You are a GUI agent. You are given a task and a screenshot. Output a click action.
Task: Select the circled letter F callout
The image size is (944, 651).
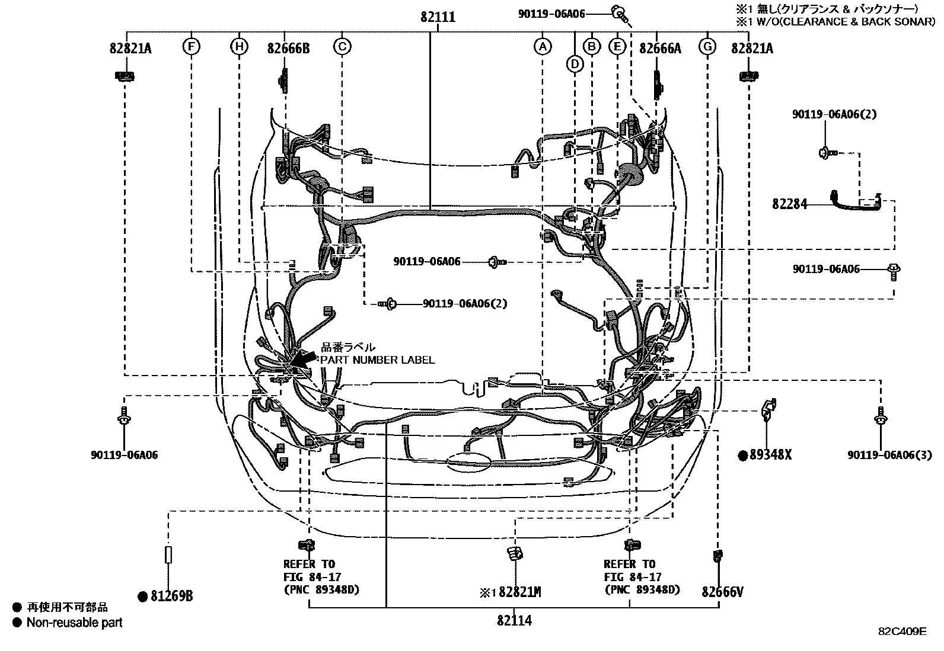pos(191,46)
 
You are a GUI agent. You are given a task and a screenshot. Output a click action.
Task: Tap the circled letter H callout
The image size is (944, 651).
pos(239,46)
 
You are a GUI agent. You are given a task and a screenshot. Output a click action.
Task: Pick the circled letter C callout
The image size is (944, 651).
pos(342,46)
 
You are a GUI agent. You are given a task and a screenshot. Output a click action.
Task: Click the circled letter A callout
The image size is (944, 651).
pos(542,46)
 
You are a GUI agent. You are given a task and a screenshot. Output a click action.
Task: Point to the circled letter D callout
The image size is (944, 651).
pos(575,63)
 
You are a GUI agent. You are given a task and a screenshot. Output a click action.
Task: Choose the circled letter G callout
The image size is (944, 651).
pos(707,46)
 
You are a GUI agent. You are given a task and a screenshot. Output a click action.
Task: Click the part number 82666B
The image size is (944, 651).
pos(288,49)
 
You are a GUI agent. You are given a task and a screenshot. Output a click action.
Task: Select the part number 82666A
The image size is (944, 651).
pos(660,49)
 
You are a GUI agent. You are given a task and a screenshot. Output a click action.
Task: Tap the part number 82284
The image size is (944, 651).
pos(789,204)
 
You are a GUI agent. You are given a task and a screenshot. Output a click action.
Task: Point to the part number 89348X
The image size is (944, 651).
pos(770,455)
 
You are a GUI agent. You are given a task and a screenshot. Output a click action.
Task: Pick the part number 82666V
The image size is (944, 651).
pos(722,592)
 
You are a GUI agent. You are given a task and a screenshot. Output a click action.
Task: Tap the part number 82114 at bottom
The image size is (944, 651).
pos(514,620)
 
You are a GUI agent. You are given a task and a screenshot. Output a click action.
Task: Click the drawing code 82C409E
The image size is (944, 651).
pos(902,631)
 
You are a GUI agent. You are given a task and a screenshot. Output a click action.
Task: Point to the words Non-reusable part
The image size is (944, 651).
pos(74,623)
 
